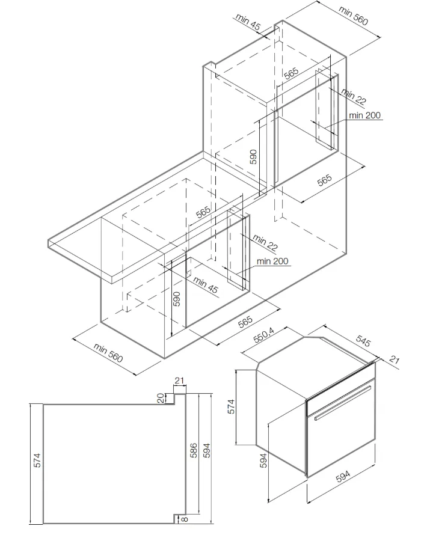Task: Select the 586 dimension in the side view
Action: point(193,451)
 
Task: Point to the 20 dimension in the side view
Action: point(161,398)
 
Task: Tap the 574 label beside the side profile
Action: point(36,460)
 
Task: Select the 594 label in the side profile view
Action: point(206,451)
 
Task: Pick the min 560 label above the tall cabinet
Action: point(353,16)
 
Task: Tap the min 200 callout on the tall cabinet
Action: point(365,115)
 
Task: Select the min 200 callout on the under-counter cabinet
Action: point(272,261)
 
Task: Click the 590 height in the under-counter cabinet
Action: point(177,299)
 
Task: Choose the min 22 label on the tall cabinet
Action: point(354,96)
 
